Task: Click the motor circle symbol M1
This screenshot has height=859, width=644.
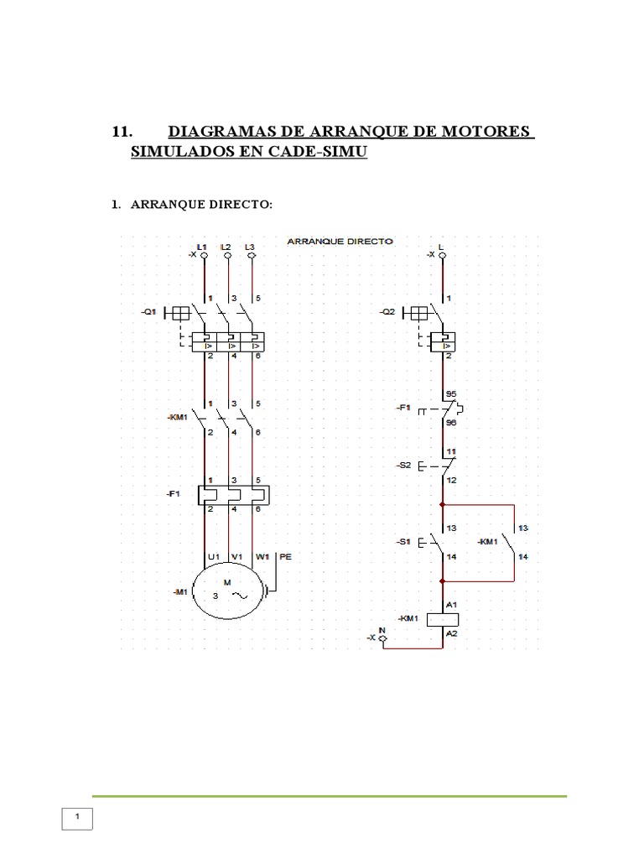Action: tap(228, 591)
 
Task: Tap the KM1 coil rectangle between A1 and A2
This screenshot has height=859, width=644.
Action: tap(443, 620)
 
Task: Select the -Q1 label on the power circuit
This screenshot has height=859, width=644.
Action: tap(148, 312)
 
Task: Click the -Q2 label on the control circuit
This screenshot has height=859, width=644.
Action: tap(387, 312)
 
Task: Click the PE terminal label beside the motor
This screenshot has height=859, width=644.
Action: tap(285, 556)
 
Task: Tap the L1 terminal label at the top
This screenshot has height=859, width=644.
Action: tap(201, 247)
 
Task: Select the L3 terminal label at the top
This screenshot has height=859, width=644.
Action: tap(250, 247)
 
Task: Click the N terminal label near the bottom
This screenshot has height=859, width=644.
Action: tap(382, 630)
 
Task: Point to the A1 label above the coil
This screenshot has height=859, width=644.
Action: tap(452, 604)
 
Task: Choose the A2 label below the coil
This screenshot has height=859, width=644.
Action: tap(452, 635)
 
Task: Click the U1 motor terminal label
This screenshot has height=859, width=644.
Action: tap(213, 556)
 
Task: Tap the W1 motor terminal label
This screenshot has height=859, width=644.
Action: tap(262, 556)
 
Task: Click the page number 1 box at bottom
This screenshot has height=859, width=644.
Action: tap(77, 818)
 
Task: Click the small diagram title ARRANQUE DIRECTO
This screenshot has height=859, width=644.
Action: tap(340, 241)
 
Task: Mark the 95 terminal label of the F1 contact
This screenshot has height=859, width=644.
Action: tap(451, 393)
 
